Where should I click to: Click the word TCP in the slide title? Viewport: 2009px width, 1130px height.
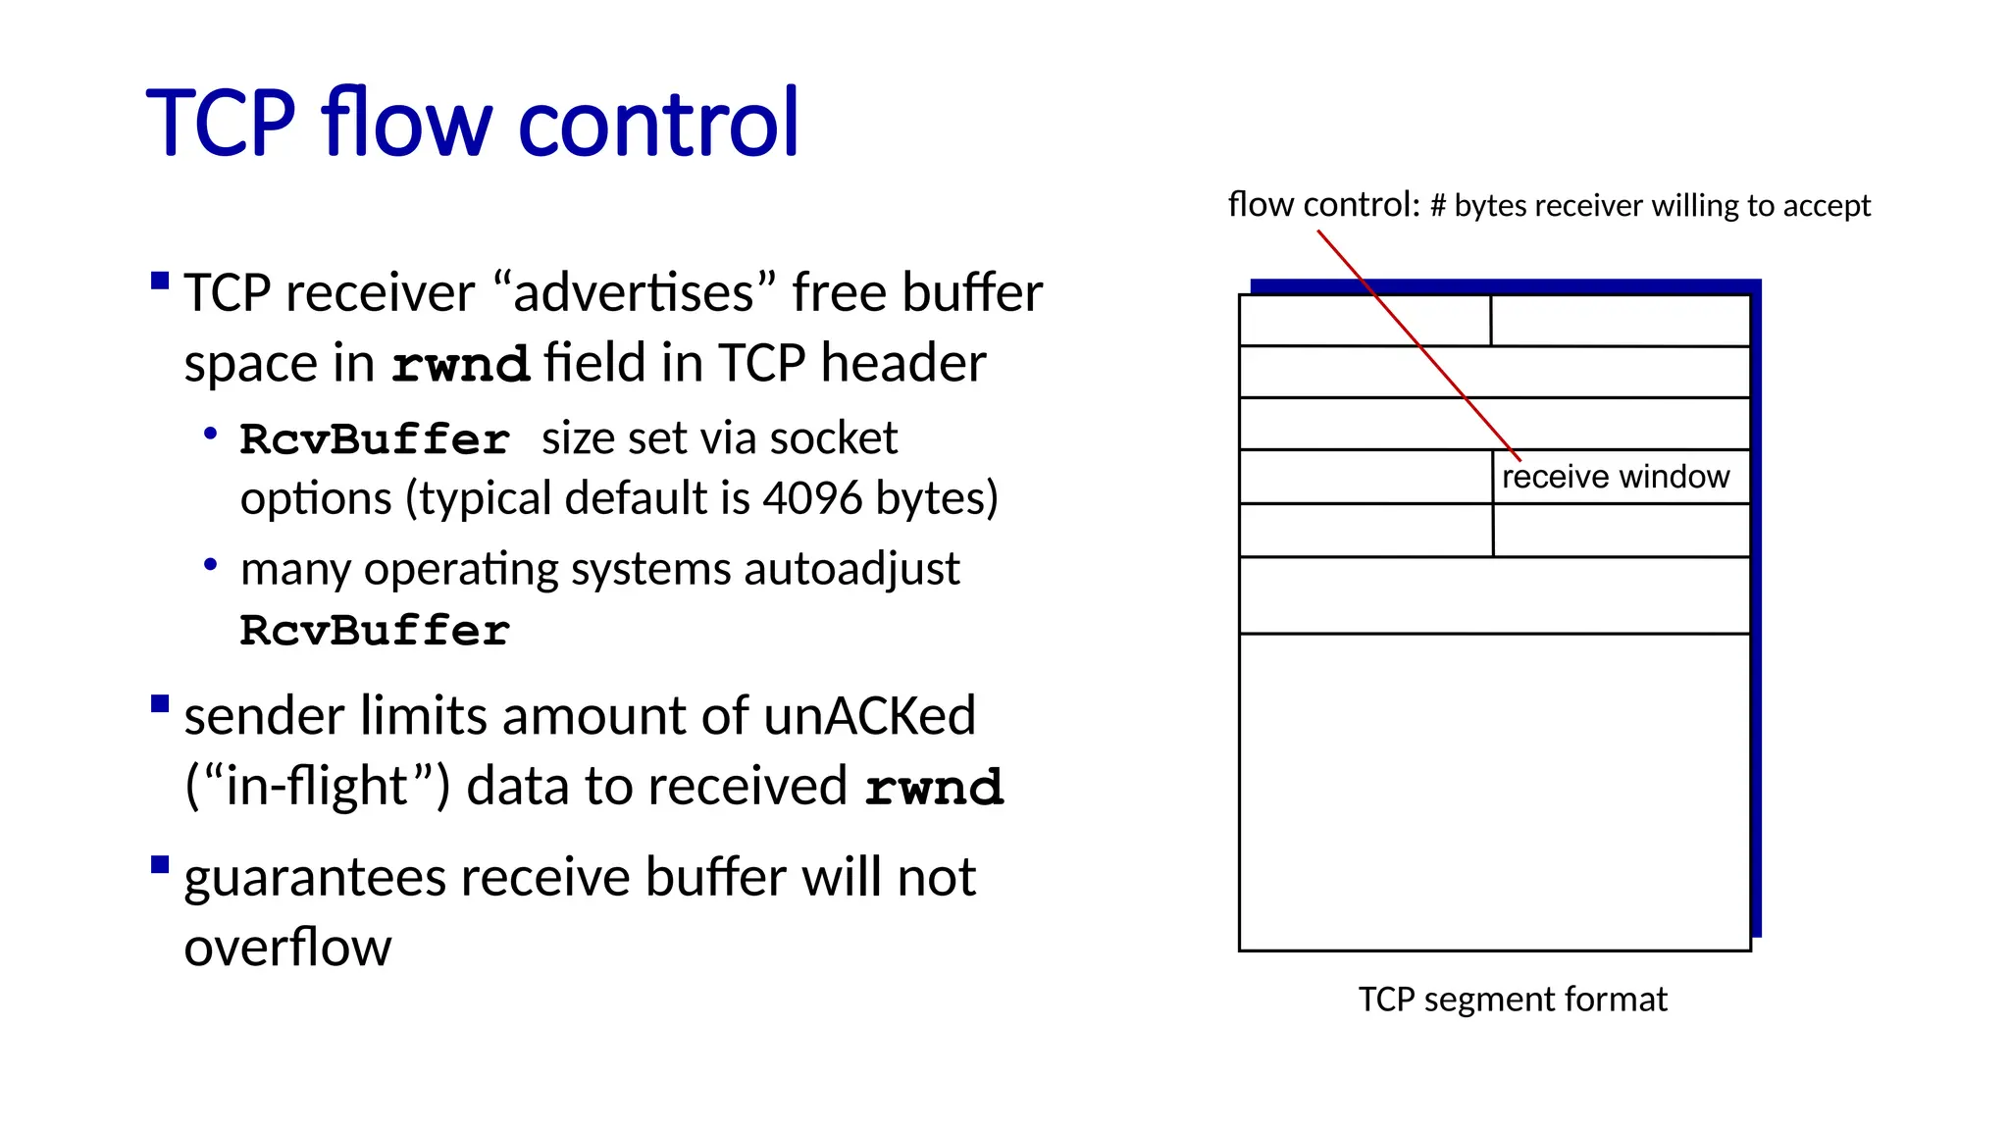(221, 124)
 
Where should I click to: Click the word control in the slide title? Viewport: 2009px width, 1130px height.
(658, 124)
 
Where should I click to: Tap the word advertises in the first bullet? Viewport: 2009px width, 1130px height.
(635, 293)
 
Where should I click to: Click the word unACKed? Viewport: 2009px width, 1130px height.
(869, 715)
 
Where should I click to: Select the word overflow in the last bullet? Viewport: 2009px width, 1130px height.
(287, 947)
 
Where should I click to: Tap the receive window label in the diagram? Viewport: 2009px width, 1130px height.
(1615, 477)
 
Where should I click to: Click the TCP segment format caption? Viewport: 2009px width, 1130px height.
(1512, 1000)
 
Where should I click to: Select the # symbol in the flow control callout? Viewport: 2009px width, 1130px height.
(1438, 206)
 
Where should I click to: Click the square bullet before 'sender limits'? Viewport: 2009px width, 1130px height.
(160, 704)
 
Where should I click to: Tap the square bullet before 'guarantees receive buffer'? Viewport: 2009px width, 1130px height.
(160, 865)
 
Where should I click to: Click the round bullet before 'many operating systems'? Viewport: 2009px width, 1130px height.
(210, 564)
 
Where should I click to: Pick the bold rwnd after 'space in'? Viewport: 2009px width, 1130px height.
(460, 365)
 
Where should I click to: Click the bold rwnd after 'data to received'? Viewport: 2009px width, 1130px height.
(934, 788)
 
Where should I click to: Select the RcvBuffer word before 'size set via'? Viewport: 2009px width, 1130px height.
(375, 439)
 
